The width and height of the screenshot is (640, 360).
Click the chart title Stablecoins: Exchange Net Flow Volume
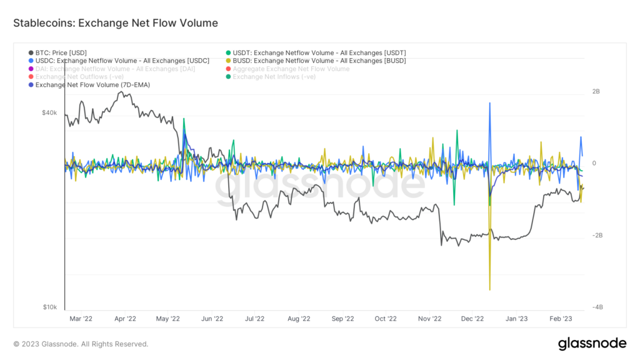116,23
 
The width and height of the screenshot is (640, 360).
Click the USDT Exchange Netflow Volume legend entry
319,52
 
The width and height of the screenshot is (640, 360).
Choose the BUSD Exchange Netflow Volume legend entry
319,61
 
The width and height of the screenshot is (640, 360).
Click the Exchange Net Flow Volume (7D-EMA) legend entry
92,84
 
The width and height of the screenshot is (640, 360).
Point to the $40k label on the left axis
49,113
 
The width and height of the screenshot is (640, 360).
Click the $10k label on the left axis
49,307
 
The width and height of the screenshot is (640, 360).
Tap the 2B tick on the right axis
596,92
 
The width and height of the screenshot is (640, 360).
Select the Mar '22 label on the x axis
81,318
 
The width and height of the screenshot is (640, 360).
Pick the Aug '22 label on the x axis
299,318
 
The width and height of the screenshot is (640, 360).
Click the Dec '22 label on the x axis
472,318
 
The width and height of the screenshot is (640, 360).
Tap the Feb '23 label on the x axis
561,318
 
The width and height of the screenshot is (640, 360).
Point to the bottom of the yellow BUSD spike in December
490,289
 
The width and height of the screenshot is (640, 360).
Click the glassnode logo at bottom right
591,343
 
